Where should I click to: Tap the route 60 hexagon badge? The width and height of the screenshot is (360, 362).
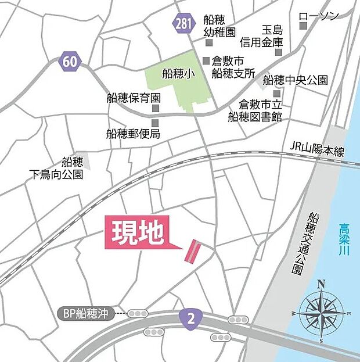pyautogui.click(x=69, y=61)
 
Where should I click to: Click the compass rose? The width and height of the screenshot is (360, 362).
pyautogui.click(x=322, y=311)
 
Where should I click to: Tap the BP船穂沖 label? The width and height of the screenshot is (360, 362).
pyautogui.click(x=87, y=313)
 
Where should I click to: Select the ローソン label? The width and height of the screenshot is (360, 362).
pyautogui.click(x=318, y=16)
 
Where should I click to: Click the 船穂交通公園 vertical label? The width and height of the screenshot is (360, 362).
pyautogui.click(x=314, y=243)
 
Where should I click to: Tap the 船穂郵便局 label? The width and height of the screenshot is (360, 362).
pyautogui.click(x=133, y=134)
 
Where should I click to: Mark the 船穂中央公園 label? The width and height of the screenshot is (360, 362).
pyautogui.click(x=296, y=80)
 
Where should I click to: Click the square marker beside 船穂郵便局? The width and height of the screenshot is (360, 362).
pyautogui.click(x=156, y=123)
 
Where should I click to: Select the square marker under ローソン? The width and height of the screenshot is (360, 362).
pyautogui.click(x=303, y=28)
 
